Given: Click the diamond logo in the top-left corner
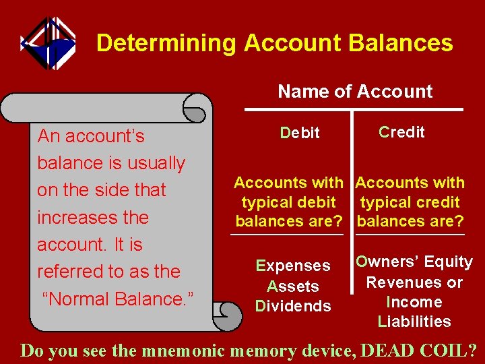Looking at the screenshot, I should (47, 44).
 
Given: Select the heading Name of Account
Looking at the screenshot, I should (355, 91).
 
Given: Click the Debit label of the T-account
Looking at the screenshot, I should (300, 133).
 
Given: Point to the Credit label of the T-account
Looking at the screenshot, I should (401, 132).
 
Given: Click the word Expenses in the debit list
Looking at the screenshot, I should (293, 266).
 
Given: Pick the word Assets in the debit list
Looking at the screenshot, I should (293, 286).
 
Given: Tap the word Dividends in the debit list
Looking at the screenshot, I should (293, 306).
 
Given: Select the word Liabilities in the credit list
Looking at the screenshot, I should (414, 322).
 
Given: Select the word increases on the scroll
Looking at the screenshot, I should (92, 218).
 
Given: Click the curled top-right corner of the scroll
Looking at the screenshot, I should (197, 108).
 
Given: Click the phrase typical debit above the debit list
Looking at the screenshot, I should (288, 202).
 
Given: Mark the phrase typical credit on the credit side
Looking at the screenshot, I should (410, 202).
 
